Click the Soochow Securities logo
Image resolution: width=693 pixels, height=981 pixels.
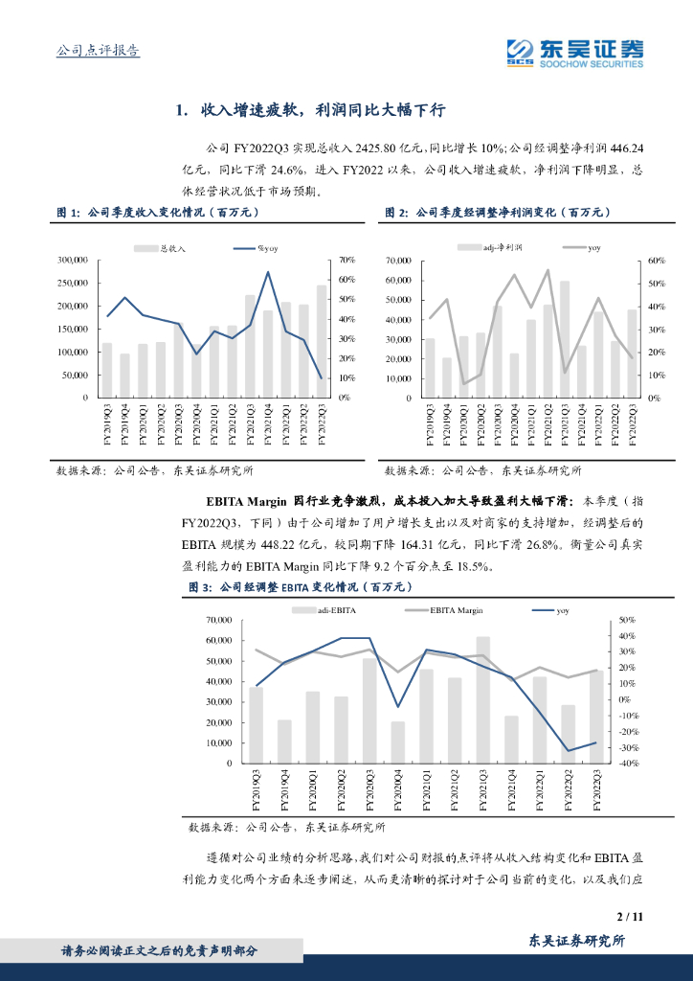coord(574,52)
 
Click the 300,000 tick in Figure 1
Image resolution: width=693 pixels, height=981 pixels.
coord(73,260)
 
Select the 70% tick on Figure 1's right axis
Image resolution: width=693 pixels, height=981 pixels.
coord(346,260)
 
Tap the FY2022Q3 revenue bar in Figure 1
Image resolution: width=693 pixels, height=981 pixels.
coord(321,341)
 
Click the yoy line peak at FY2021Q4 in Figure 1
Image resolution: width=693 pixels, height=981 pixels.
coord(267,272)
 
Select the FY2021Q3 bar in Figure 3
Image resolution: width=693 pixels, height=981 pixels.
coord(482,699)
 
